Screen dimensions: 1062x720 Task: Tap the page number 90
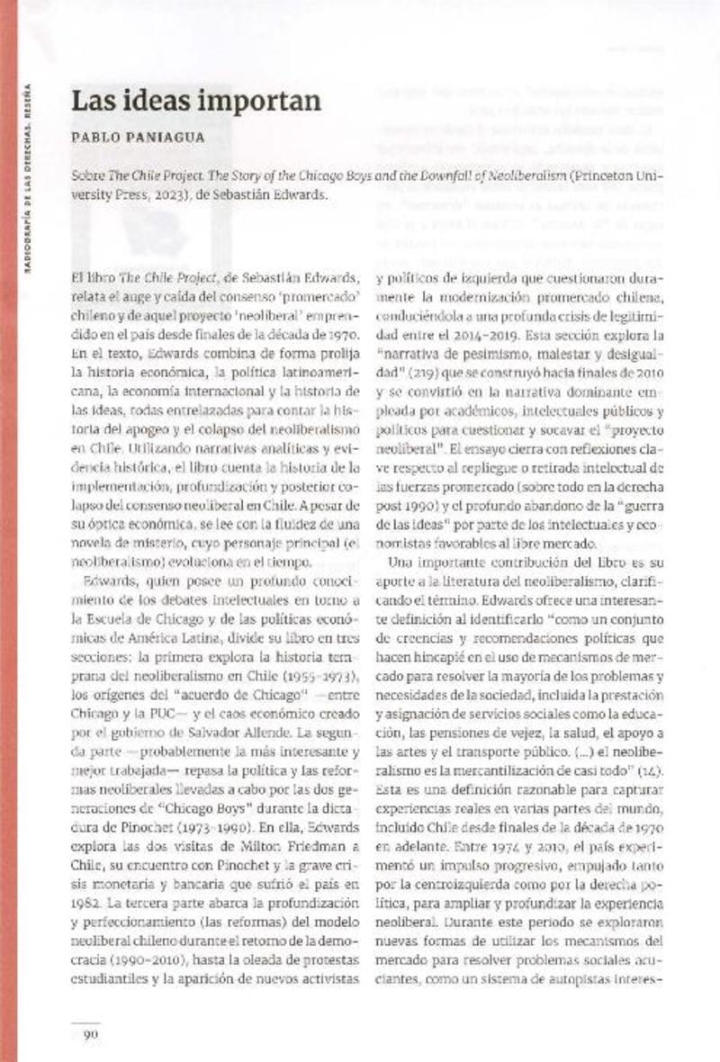click(x=90, y=1035)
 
